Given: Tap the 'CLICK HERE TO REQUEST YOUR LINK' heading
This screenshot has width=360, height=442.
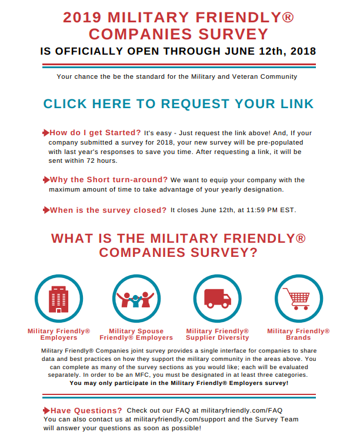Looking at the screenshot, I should [179, 104].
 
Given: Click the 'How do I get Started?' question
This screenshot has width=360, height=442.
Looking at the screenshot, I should [95, 132].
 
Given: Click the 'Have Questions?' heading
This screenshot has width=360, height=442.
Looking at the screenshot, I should [86, 410].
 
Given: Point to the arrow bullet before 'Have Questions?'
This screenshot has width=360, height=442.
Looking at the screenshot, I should [46, 410].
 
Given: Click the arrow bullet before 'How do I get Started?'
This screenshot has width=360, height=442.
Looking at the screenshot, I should [46, 132].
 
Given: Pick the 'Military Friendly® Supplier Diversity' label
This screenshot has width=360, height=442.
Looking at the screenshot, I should [217, 334].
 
